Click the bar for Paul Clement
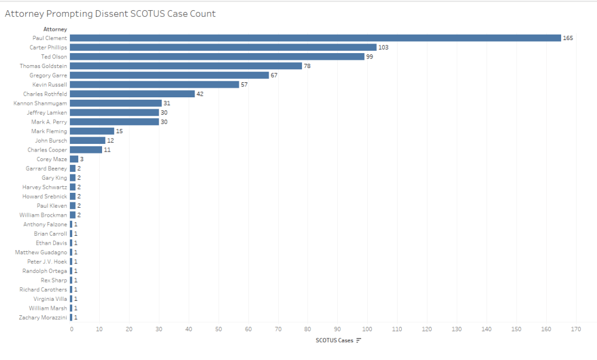[315, 38]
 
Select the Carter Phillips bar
[223, 47]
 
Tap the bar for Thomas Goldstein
[186, 66]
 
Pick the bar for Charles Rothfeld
[132, 94]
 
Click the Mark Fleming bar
[92, 131]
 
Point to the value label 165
[568, 38]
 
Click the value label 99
[370, 57]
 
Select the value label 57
[245, 85]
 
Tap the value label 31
[167, 103]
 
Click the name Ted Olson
[54, 57]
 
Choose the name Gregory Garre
[48, 75]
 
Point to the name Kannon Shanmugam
[40, 103]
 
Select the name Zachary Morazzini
[43, 318]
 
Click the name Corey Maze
[52, 159]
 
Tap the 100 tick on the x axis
[367, 329]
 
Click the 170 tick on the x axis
[576, 329]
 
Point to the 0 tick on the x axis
[71, 329]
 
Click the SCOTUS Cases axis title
[334, 340]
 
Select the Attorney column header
[55, 29]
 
